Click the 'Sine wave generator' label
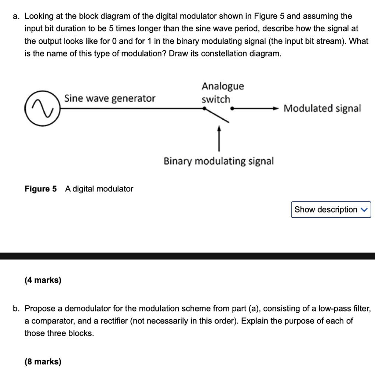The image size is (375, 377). pos(110,98)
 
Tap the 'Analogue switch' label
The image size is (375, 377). pos(222,92)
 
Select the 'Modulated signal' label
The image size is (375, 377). pos(322,108)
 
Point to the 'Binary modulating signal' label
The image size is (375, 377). pos(219,161)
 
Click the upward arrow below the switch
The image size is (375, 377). pos(219,138)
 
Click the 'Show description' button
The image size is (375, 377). pos(331,209)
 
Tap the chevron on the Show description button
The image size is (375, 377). pos(364,210)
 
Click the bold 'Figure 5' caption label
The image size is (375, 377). pos(40,189)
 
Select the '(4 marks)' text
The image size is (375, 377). pos(43,280)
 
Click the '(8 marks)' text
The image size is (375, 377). pos(43,362)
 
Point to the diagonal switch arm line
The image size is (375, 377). pos(217,114)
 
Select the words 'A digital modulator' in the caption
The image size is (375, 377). pos(99,189)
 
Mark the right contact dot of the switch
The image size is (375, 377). pos(231,109)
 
